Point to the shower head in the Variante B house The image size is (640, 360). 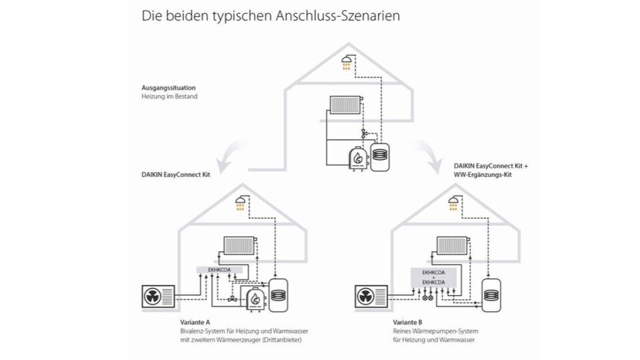click(455, 203)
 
